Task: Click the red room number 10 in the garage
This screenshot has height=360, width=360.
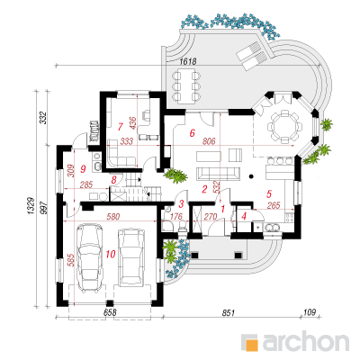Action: pyautogui.click(x=111, y=255)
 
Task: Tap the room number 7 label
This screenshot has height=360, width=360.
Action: pyautogui.click(x=121, y=127)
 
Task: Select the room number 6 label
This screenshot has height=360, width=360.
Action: pyautogui.click(x=193, y=132)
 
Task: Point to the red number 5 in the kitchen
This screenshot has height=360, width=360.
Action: pyautogui.click(x=269, y=193)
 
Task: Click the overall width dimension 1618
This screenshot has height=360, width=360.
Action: pyautogui.click(x=188, y=61)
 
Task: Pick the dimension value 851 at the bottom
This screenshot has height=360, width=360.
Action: pyautogui.click(x=228, y=313)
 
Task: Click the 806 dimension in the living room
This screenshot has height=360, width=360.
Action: pyautogui.click(x=209, y=141)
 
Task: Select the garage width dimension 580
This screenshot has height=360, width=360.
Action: pyautogui.click(x=113, y=216)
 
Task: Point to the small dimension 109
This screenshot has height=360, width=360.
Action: pyautogui.click(x=310, y=312)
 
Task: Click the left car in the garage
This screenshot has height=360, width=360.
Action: pyautogui.click(x=90, y=258)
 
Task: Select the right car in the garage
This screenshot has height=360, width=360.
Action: pyautogui.click(x=131, y=258)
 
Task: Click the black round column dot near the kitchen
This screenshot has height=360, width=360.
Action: pyautogui.click(x=251, y=176)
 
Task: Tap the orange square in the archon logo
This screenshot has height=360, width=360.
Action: pyautogui.click(x=252, y=345)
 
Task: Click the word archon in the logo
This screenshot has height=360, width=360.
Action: pyautogui.click(x=306, y=340)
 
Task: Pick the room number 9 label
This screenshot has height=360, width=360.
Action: pyautogui.click(x=83, y=169)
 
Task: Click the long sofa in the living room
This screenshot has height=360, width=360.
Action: pyautogui.click(x=218, y=174)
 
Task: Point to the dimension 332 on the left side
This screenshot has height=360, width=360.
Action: pyautogui.click(x=43, y=118)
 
